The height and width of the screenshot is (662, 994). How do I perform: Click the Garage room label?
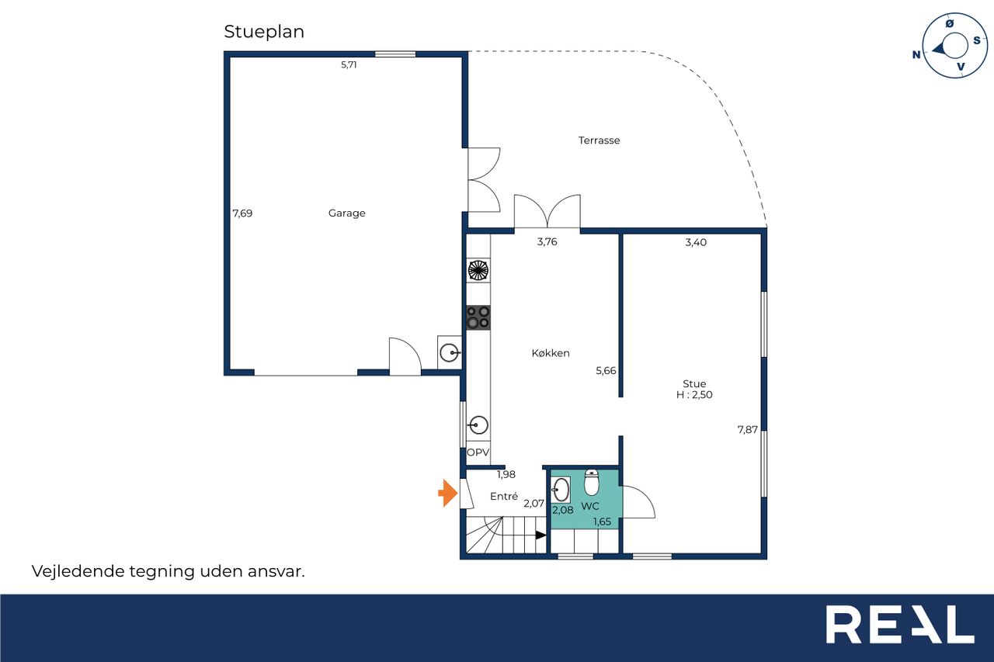tap(346, 213)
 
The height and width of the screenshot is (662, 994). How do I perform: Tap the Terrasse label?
tap(599, 140)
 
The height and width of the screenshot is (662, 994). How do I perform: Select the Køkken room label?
tap(551, 353)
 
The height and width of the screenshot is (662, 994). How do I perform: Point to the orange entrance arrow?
tap(448, 493)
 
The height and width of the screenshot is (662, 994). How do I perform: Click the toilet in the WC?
tap(592, 482)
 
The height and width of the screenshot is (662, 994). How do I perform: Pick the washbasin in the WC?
tap(561, 490)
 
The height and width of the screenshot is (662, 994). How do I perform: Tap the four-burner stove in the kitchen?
tap(478, 317)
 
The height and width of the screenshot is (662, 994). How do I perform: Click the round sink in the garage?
tap(450, 353)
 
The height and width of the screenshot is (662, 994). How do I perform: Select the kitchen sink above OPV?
tap(478, 425)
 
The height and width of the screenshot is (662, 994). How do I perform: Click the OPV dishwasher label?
tap(478, 452)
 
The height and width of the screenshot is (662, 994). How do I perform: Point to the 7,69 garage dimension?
tap(242, 213)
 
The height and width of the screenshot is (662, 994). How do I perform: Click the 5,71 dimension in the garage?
tap(349, 64)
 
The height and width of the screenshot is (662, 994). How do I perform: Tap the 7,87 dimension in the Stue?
tap(748, 430)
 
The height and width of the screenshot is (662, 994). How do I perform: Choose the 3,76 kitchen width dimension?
tap(547, 241)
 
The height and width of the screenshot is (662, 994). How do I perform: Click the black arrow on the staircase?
tap(541, 535)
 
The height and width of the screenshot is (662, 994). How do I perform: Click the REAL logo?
tap(900, 624)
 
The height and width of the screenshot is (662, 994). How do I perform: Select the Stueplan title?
tap(264, 32)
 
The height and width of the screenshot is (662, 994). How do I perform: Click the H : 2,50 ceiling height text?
tap(694, 394)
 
